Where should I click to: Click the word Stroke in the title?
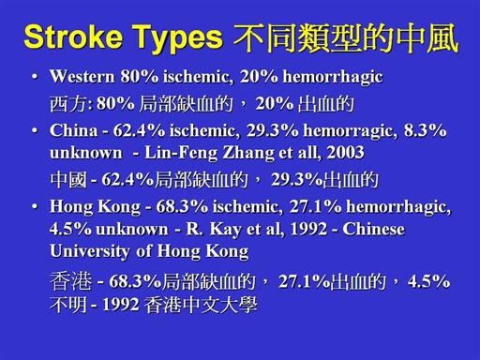tap(73, 37)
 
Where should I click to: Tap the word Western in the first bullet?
tap(82, 76)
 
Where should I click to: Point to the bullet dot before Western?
tap(36, 77)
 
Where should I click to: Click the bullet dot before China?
tap(36, 130)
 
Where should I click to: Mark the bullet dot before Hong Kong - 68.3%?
tap(36, 206)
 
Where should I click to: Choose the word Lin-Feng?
tap(181, 153)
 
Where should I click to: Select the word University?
tap(90, 251)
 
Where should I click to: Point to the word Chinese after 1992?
tap(373, 229)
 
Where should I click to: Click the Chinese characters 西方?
tap(68, 104)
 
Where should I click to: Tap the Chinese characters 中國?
tap(68, 180)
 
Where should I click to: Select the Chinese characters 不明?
tap(68, 305)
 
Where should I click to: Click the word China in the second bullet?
tap(74, 130)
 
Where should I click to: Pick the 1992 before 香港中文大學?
tap(121, 305)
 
